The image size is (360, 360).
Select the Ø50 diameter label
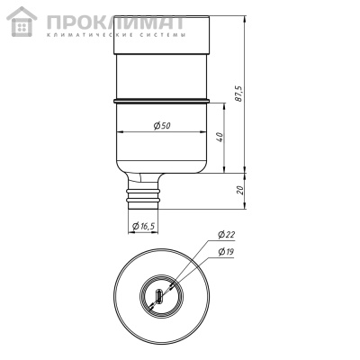(163, 127)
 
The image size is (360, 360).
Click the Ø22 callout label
(226, 236)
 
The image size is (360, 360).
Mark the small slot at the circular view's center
(160, 295)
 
